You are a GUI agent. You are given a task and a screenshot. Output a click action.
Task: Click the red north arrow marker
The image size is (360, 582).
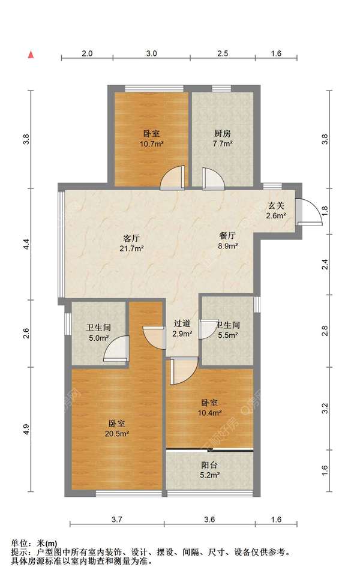(x=32, y=55)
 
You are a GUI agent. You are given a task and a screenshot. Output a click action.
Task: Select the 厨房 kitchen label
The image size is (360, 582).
(x=223, y=134)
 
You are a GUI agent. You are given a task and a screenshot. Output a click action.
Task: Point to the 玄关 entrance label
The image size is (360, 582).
(x=276, y=206)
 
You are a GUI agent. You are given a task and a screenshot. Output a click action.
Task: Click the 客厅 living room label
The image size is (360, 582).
(x=131, y=239)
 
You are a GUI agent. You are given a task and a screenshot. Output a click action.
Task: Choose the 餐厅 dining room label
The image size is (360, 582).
(x=227, y=235)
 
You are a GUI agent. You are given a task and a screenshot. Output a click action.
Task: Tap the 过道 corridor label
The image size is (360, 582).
(x=182, y=323)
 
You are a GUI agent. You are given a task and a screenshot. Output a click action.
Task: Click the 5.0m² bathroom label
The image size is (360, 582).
(x=98, y=332)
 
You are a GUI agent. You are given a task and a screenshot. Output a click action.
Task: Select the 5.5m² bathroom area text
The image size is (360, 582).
(x=228, y=335)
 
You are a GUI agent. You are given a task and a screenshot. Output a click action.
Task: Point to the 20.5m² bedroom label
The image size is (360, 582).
(x=116, y=428)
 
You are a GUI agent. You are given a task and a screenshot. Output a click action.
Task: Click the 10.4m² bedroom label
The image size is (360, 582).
(x=209, y=407)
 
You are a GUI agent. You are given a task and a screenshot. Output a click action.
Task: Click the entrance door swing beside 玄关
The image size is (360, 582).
(x=310, y=212)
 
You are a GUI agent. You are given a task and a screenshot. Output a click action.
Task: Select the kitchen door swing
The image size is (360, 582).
(x=214, y=179)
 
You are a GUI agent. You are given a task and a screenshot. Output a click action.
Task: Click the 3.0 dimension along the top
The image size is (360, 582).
(x=151, y=53)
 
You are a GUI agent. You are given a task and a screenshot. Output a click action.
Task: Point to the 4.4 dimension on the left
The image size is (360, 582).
(x=26, y=244)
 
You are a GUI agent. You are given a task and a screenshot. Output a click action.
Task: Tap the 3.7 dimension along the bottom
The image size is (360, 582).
(x=117, y=519)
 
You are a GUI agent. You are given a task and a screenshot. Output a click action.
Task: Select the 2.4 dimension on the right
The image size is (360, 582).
(x=325, y=264)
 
